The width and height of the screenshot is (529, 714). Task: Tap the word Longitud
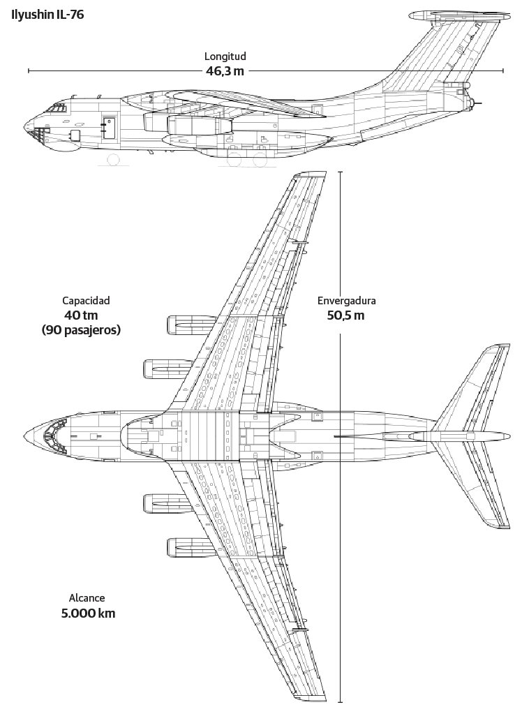(225, 57)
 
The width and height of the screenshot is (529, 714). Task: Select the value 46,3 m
(225, 70)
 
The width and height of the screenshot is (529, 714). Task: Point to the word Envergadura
(347, 301)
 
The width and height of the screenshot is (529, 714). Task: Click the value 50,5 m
(346, 315)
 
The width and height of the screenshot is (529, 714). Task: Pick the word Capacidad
(86, 300)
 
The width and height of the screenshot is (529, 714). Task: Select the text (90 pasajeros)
(81, 329)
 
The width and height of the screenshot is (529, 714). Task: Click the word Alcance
(87, 598)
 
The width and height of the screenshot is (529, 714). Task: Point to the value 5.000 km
(88, 613)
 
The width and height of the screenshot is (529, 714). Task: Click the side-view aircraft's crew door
(108, 126)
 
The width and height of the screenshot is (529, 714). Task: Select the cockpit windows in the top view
(50, 437)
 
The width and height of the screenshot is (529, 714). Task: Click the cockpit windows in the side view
(55, 108)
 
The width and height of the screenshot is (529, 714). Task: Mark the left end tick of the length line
(29, 70)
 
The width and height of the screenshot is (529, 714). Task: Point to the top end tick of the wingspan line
(341, 170)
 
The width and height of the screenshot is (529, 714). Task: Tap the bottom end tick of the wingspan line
(341, 701)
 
